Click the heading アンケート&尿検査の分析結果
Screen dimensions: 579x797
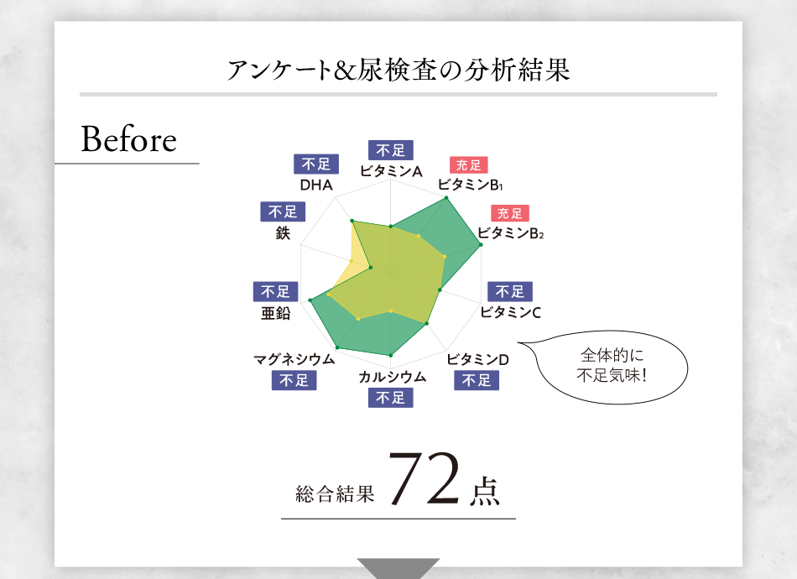[x=398, y=70]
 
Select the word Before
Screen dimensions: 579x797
[x=128, y=140]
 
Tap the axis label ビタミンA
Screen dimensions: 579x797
[x=390, y=171]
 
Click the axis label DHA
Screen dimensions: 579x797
[x=316, y=185]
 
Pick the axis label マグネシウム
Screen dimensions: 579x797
[x=294, y=359]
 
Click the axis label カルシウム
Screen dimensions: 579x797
[x=392, y=376]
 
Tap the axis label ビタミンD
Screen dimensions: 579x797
[x=477, y=359]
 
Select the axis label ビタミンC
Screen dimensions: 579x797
[x=510, y=313]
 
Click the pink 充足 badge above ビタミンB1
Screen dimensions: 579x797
[x=468, y=165]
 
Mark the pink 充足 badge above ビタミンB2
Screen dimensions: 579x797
[x=510, y=213]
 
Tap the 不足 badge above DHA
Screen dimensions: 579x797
[x=316, y=164]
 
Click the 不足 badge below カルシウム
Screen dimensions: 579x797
[x=391, y=397]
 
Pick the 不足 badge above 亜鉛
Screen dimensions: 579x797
[x=275, y=291]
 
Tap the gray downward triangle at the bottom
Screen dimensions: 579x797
[x=398, y=567]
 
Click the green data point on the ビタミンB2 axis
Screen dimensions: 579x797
[x=481, y=245]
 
